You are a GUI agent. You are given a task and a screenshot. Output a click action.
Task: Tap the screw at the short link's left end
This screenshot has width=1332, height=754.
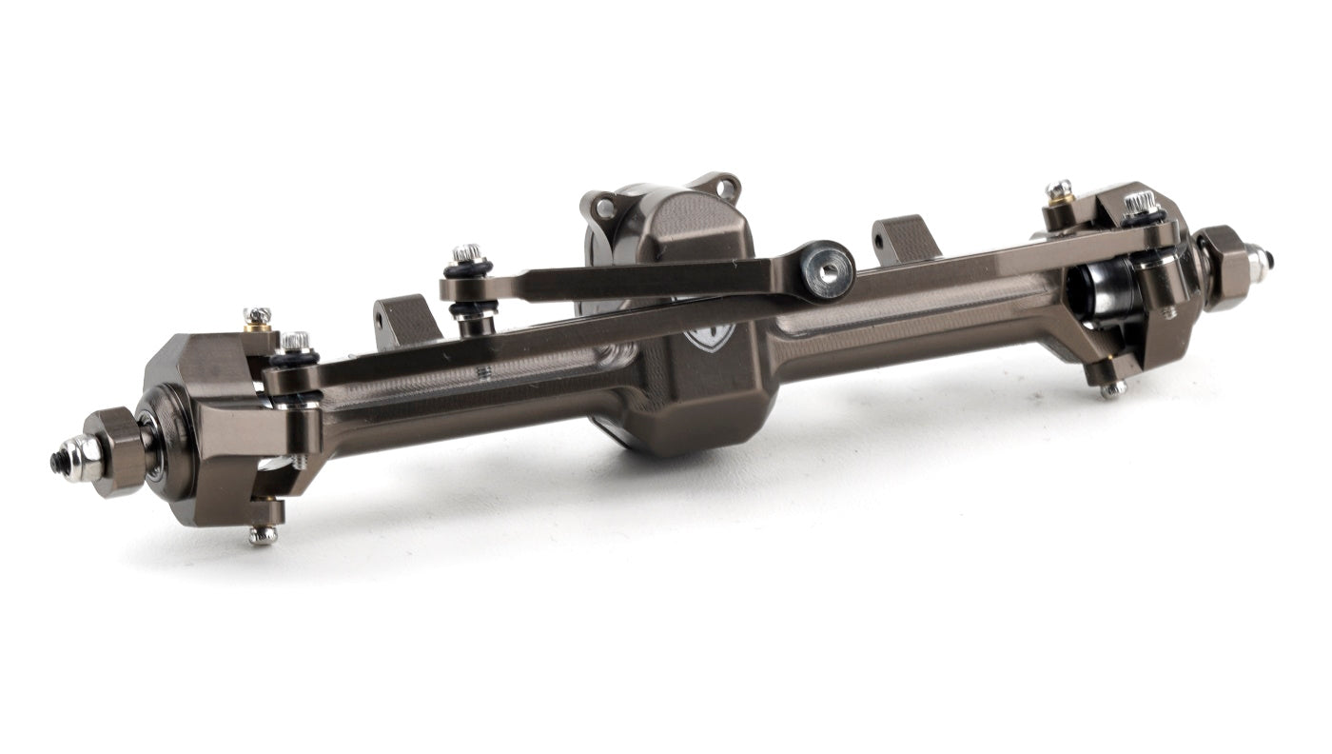click(x=466, y=254)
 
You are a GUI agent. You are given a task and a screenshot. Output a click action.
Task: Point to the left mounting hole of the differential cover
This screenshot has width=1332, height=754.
click(x=604, y=207)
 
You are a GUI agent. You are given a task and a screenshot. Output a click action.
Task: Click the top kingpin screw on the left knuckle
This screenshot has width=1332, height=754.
click(x=257, y=316)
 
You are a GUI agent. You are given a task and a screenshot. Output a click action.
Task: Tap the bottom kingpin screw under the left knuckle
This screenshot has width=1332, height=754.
click(x=263, y=535)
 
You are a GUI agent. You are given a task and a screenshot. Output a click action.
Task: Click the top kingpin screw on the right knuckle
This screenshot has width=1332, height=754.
click(x=1059, y=190)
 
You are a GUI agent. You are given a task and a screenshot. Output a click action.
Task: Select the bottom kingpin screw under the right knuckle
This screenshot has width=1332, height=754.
click(x=1112, y=388)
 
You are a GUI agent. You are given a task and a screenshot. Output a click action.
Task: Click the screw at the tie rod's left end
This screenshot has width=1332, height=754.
click(x=296, y=341)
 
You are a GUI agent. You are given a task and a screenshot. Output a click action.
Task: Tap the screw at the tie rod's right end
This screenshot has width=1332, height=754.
click(x=1140, y=203)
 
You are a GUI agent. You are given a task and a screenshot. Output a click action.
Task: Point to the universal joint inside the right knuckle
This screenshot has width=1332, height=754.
click(x=1104, y=290)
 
